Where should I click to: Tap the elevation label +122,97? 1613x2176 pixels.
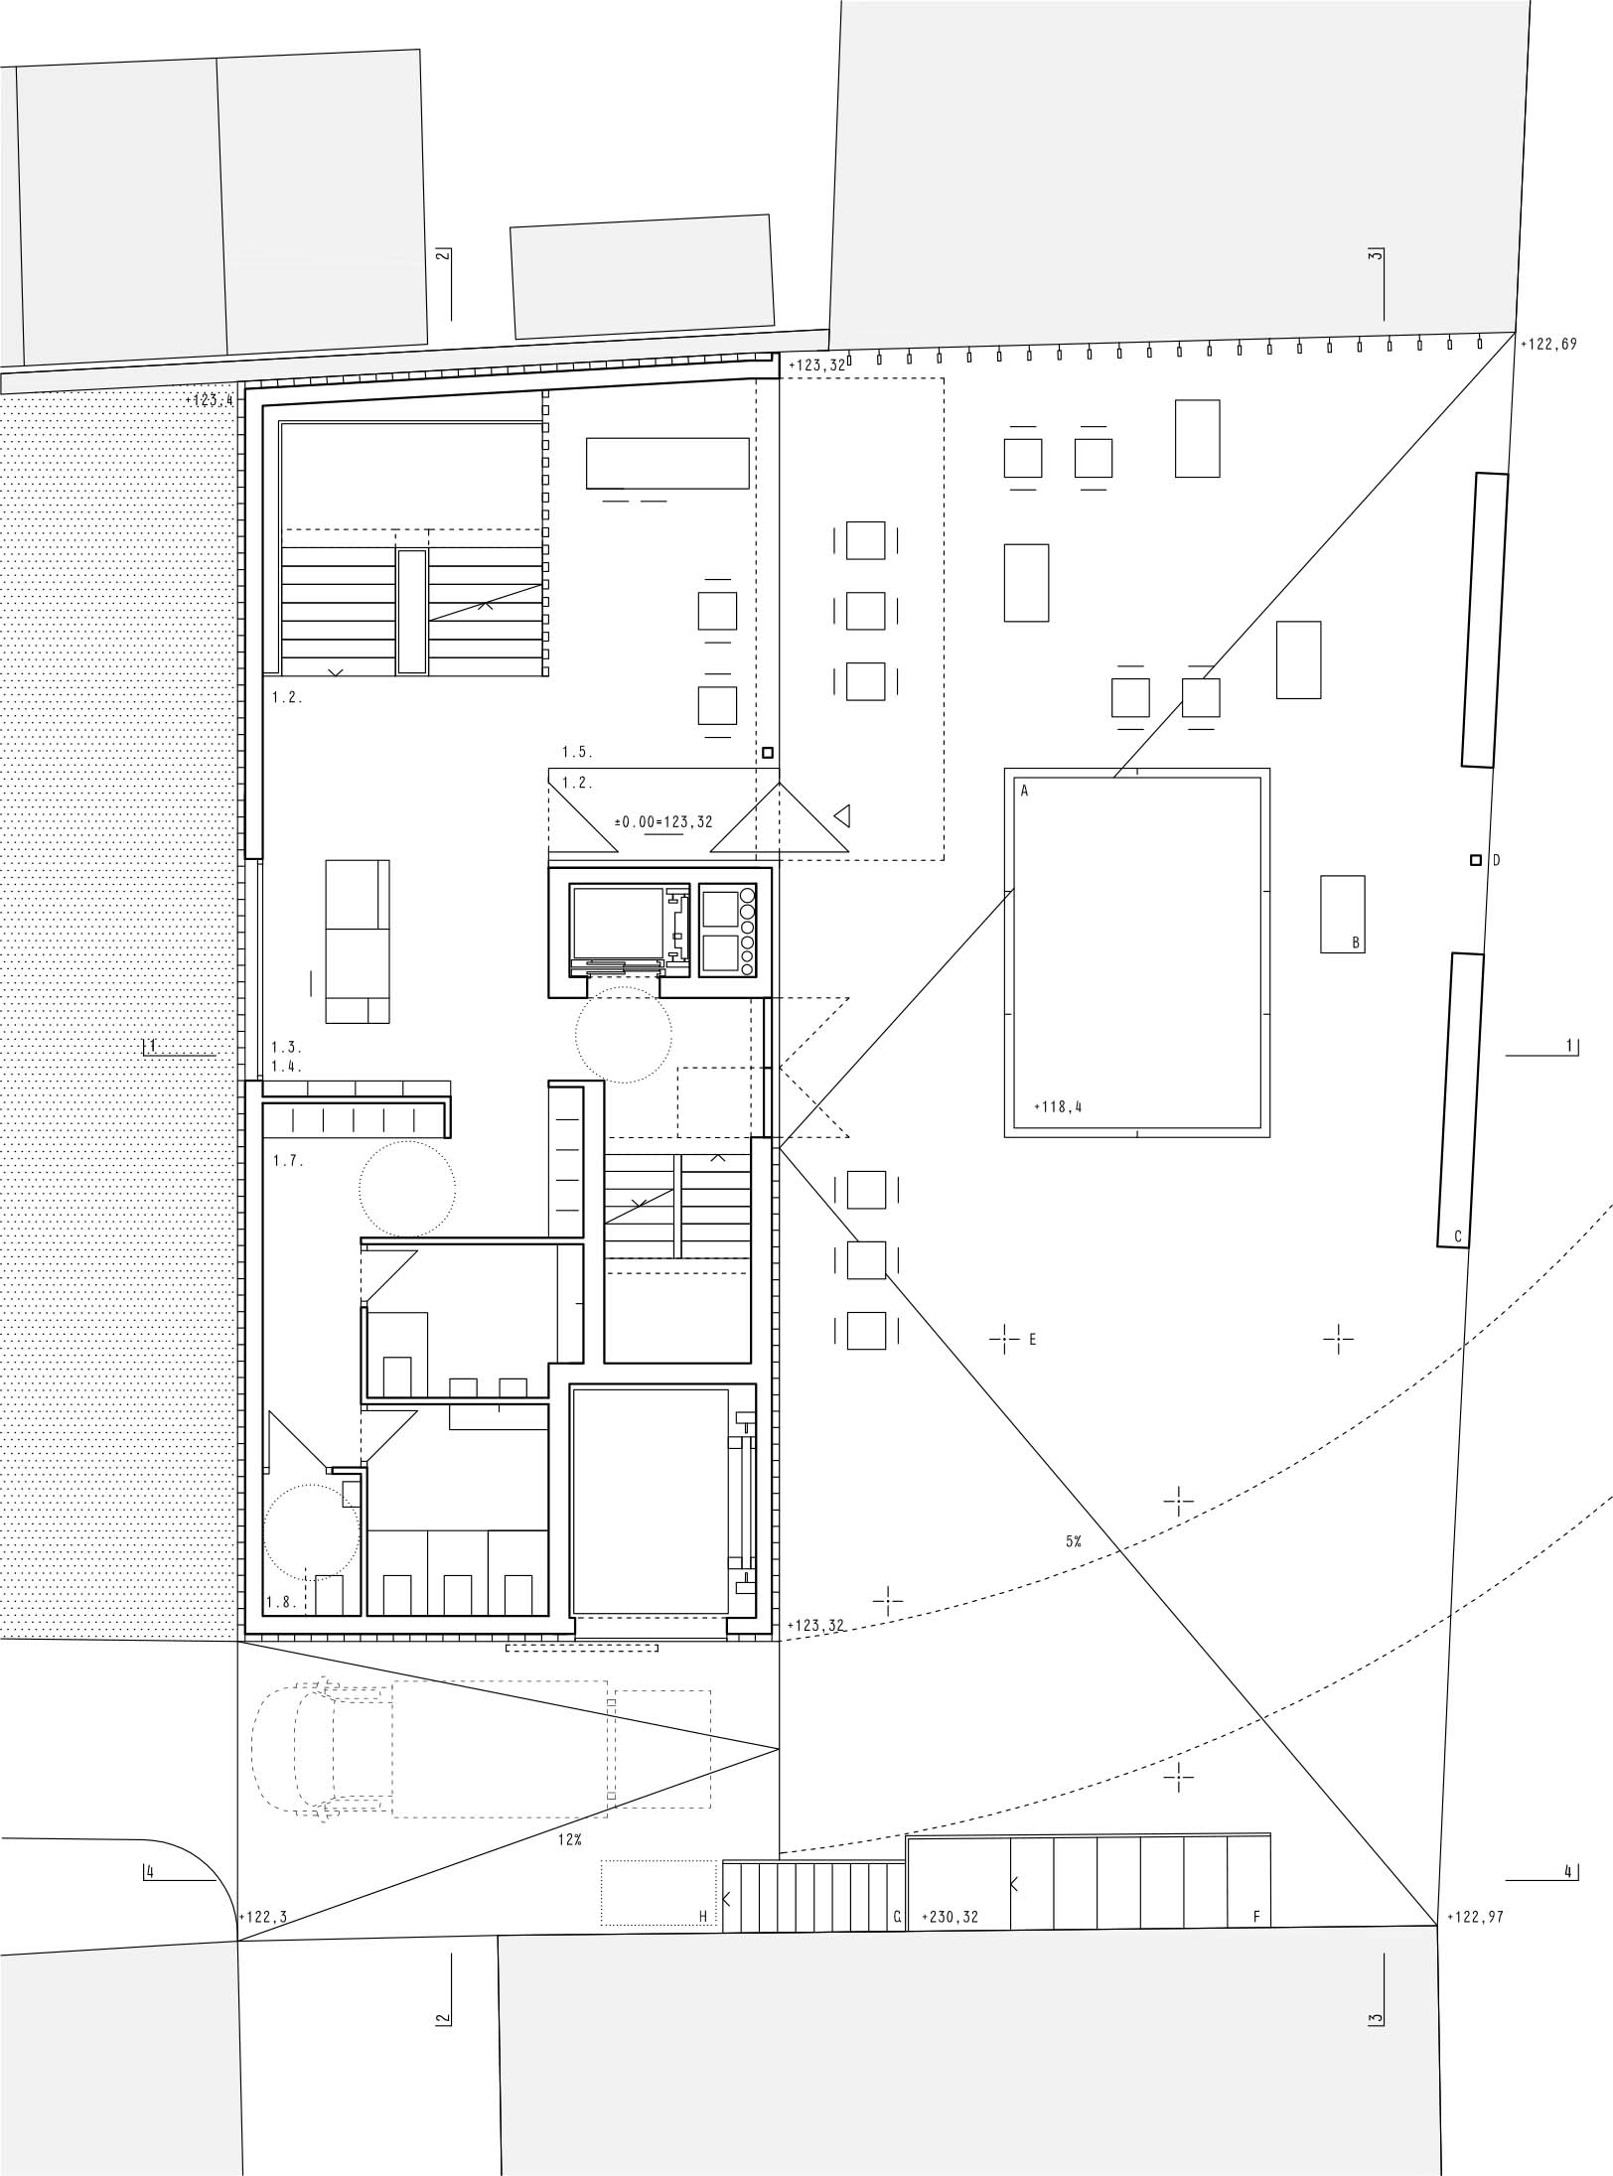1476,1917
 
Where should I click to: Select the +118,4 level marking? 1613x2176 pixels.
1058,1105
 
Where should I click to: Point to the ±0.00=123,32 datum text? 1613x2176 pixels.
663,821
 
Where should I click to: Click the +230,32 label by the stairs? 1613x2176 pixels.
951,1917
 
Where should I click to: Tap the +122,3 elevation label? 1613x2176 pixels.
263,1917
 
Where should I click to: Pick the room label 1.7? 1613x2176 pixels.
287,1160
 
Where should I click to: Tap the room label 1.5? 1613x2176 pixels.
577,752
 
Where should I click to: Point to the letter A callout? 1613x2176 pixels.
1024,792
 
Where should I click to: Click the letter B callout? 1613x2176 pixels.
1356,943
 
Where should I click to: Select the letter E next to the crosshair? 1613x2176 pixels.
1033,1339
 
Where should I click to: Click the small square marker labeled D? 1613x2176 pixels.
1477,859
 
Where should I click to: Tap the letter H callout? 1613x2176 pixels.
702,1917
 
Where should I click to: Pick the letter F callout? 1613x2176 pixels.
1256,1917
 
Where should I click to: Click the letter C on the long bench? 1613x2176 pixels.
1458,1236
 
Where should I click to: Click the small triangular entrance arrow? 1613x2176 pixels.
842,816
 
